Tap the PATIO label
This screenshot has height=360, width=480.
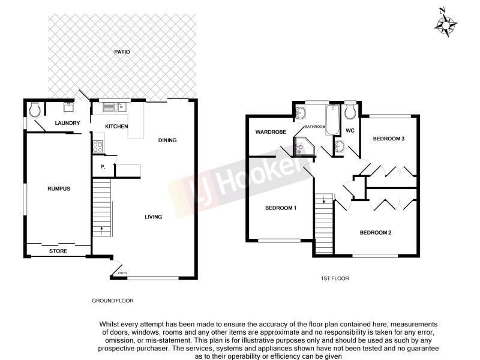[122, 52]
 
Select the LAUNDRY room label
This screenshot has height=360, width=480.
[67, 124]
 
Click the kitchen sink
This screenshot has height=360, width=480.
[113, 107]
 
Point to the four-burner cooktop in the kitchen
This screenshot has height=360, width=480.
[98, 145]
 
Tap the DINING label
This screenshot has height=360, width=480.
[167, 140]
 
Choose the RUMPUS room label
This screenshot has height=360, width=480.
[59, 189]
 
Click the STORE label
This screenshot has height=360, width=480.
[58, 251]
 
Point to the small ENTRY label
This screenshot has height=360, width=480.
[124, 274]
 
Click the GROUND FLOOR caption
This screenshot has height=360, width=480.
[112, 301]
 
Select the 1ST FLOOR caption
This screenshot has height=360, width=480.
[335, 278]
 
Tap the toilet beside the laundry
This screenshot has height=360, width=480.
[35, 109]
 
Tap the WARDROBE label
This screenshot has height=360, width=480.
[269, 132]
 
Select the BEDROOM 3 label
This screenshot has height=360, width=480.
[389, 139]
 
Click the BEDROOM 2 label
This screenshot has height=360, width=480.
[376, 233]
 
